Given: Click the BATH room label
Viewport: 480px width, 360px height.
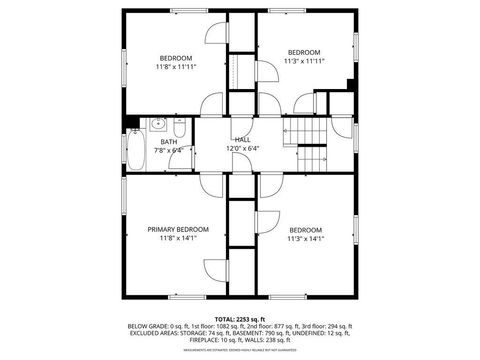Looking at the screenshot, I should tap(169, 141).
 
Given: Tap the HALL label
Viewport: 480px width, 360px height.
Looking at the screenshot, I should tap(242, 139).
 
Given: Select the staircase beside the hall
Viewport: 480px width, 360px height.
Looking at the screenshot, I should tap(311, 141).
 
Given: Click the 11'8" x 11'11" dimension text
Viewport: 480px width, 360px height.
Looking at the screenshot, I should tap(175, 67).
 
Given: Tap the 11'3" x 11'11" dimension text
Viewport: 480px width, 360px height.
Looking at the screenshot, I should tap(304, 61).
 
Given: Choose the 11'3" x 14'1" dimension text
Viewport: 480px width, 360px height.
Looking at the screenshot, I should tap(305, 238).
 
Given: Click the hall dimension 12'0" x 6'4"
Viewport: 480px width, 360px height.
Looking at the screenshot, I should tap(242, 148).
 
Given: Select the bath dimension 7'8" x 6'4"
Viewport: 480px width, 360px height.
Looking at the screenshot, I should tap(169, 150).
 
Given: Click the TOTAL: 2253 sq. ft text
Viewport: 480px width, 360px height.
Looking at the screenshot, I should tap(240, 318).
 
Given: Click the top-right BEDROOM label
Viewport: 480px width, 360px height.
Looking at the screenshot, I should tap(304, 52).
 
